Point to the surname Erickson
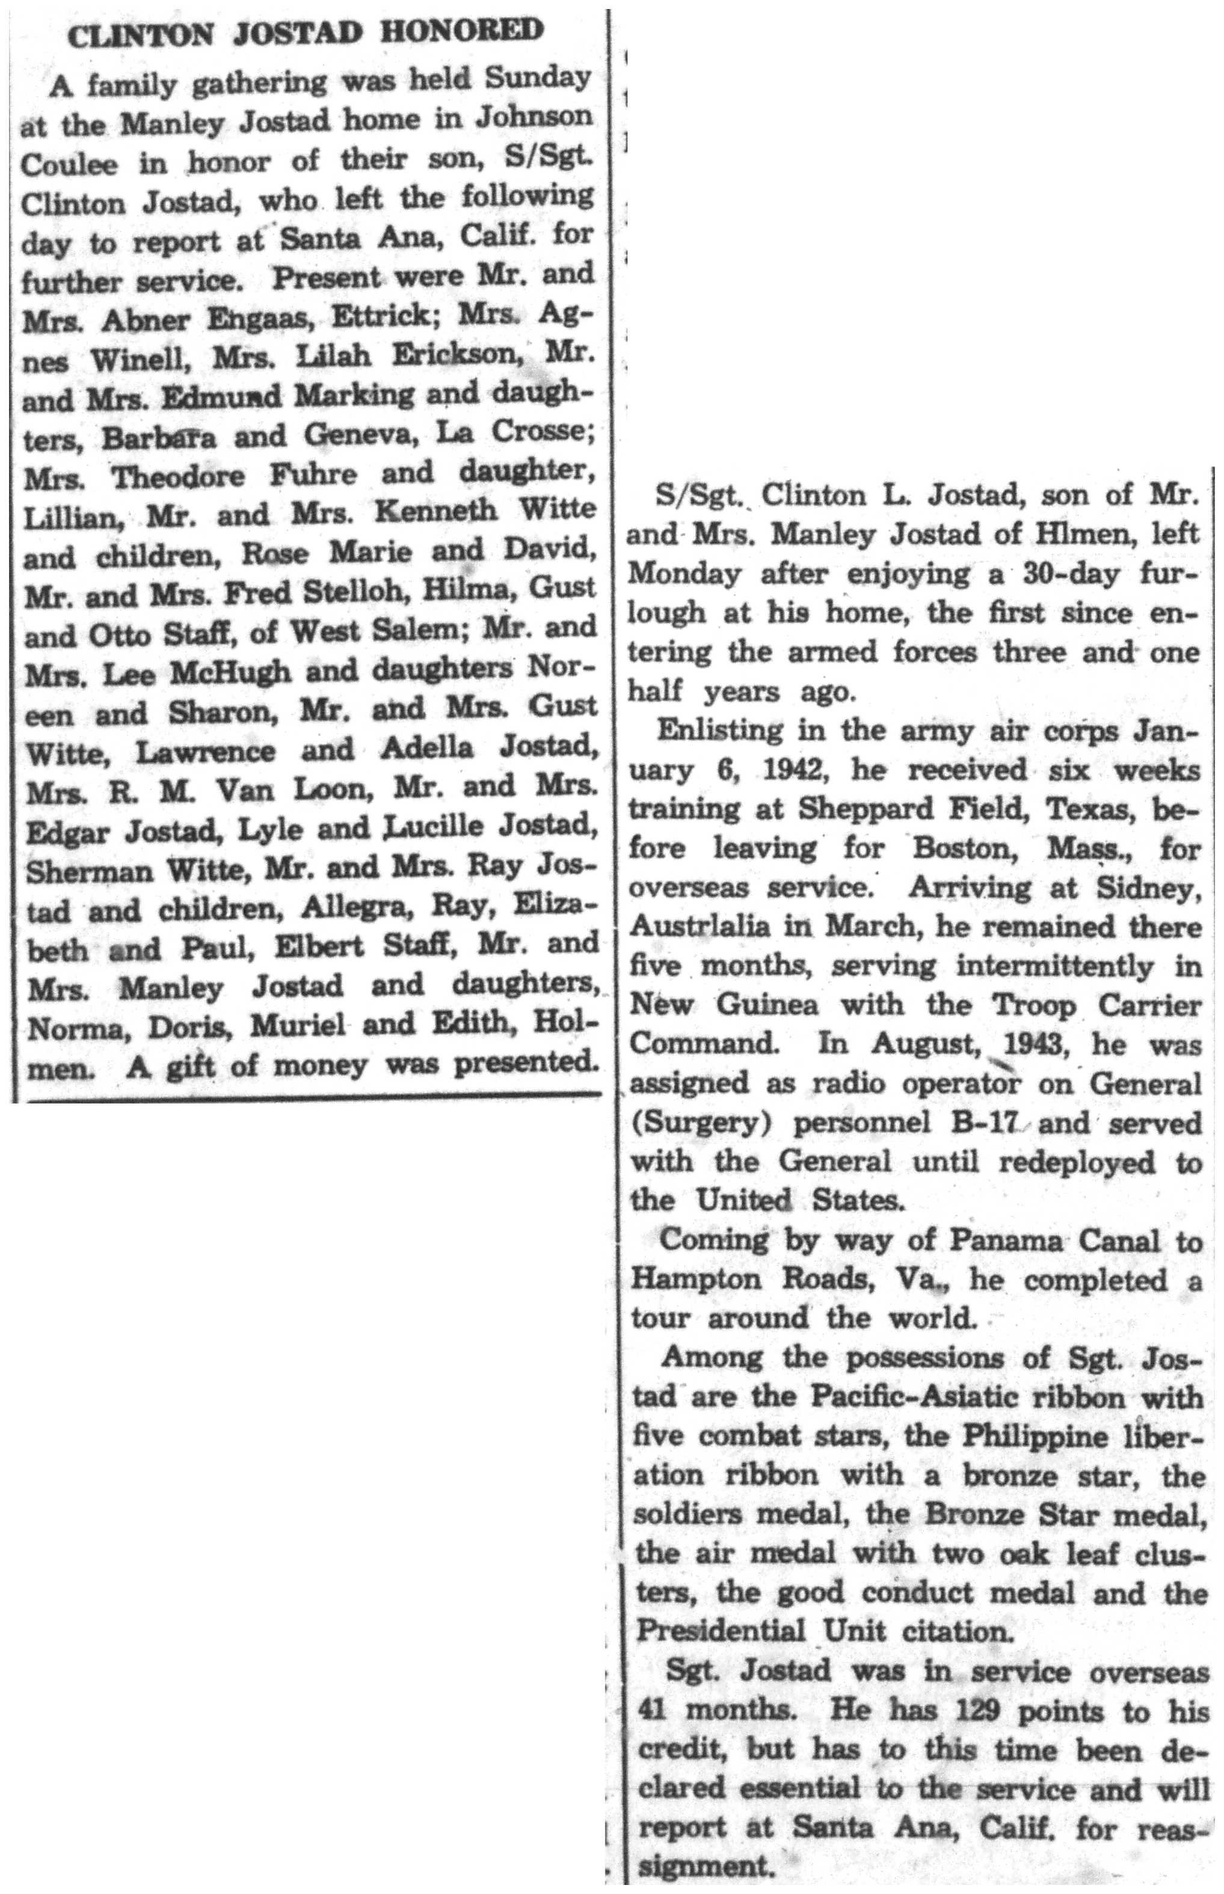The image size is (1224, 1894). pos(446,356)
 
